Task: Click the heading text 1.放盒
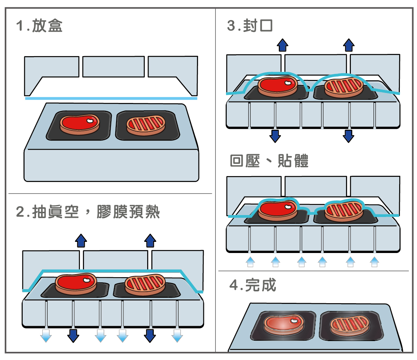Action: pyautogui.click(x=39, y=26)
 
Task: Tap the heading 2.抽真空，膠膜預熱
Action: pyautogui.click(x=88, y=212)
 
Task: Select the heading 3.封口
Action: pyautogui.click(x=250, y=26)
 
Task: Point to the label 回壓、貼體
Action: pyautogui.click(x=269, y=161)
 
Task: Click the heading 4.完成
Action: pyautogui.click(x=253, y=285)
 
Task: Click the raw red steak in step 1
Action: pyautogui.click(x=80, y=124)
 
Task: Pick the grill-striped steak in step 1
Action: pyautogui.click(x=146, y=125)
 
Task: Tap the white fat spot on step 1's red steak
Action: pyautogui.click(x=90, y=121)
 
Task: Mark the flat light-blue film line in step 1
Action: pyautogui.click(x=111, y=98)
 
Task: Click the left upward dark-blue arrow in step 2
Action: pyautogui.click(x=81, y=241)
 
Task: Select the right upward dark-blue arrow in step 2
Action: pyautogui.click(x=150, y=241)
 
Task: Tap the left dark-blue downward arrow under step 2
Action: pyautogui.click(x=73, y=335)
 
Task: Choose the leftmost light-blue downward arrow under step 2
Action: pyautogui.click(x=46, y=335)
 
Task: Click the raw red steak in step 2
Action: pyautogui.click(x=76, y=284)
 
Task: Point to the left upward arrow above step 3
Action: pyautogui.click(x=282, y=45)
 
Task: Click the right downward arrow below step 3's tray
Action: pyautogui.click(x=348, y=136)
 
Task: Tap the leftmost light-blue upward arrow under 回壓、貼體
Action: pyautogui.click(x=250, y=262)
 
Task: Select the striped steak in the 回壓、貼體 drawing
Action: pyautogui.click(x=344, y=211)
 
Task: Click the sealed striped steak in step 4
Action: pyautogui.click(x=350, y=325)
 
